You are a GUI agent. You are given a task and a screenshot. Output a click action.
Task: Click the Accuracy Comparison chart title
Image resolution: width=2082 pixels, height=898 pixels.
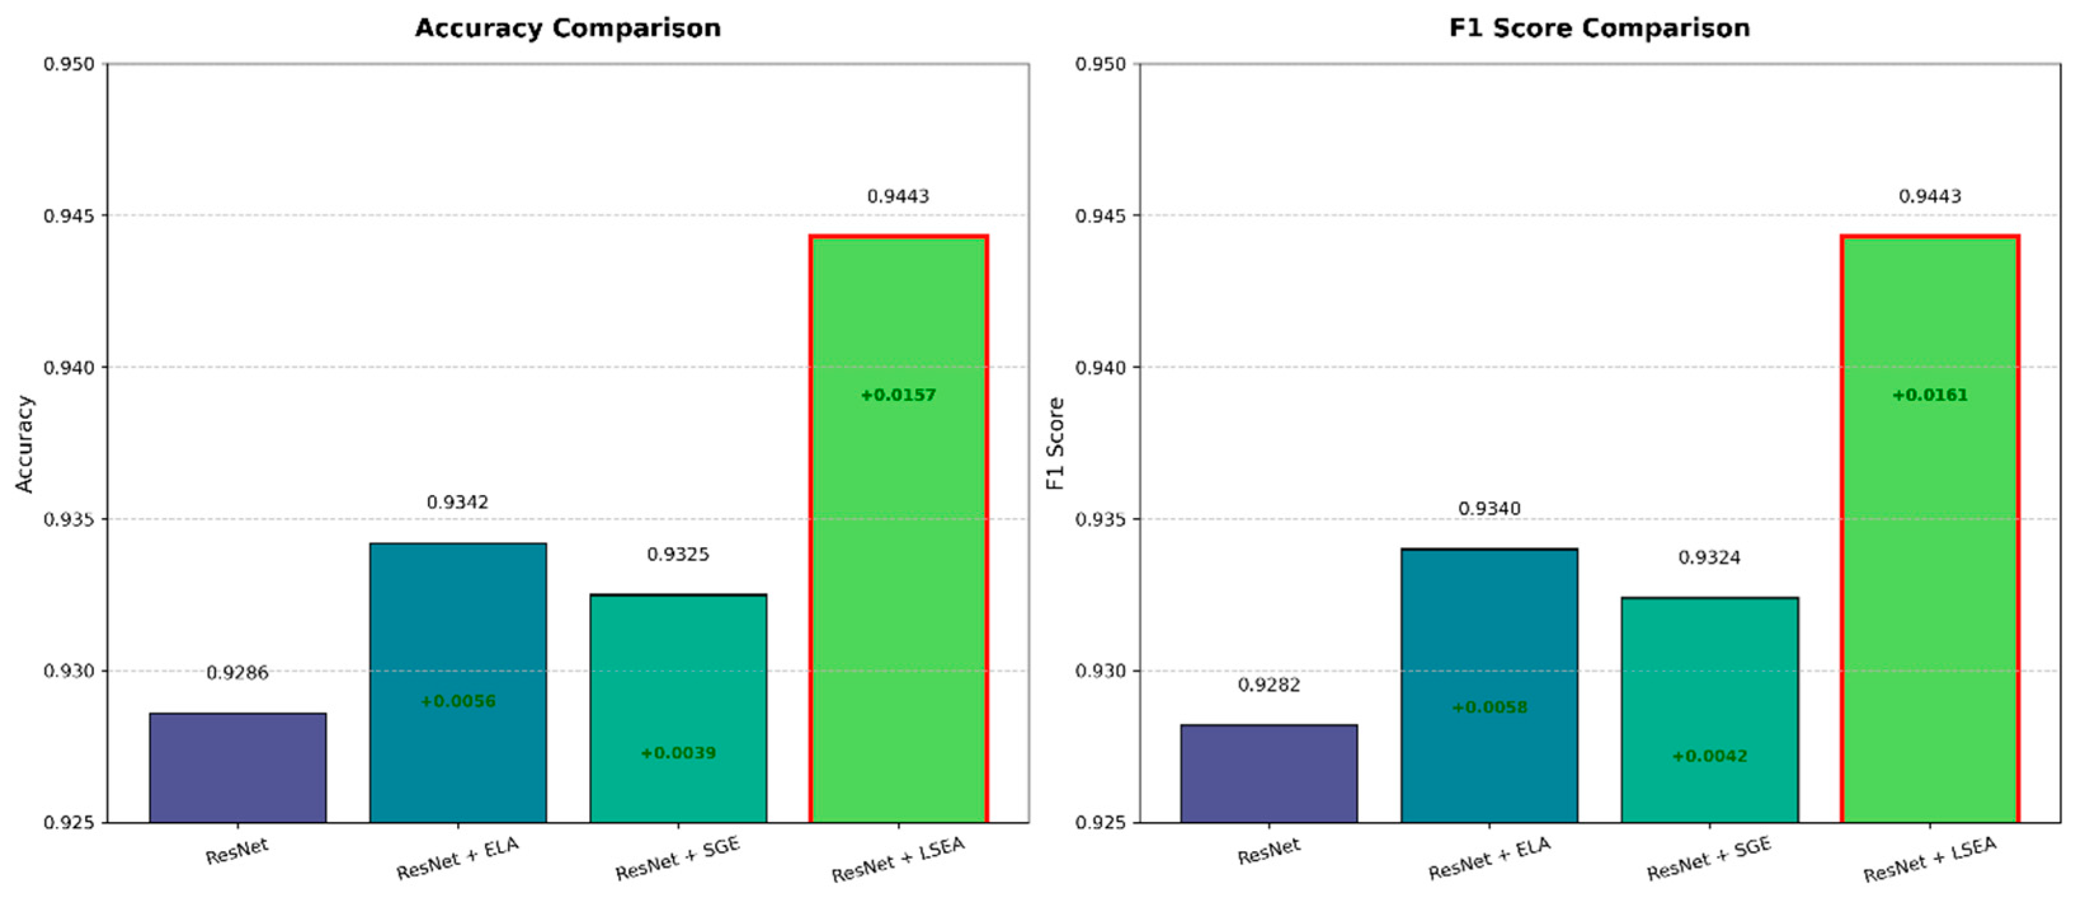pyautogui.click(x=567, y=29)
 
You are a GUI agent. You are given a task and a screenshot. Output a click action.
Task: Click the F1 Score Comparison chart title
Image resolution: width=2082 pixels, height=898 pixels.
pyautogui.click(x=1600, y=29)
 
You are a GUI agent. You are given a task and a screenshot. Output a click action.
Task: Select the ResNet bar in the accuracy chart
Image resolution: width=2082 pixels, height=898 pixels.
pyautogui.click(x=237, y=767)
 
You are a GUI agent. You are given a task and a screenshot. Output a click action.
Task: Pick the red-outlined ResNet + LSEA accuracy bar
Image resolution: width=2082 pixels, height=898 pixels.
pyautogui.click(x=899, y=529)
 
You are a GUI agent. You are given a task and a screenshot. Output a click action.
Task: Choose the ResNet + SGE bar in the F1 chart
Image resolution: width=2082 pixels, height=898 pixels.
pyautogui.click(x=1709, y=710)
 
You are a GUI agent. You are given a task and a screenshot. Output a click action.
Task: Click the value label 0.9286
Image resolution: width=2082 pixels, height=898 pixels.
pyautogui.click(x=237, y=673)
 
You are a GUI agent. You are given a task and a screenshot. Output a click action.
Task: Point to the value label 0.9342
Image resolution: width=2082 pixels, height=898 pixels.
pyautogui.click(x=458, y=503)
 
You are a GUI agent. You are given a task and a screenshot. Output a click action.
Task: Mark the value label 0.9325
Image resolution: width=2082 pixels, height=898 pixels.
pyautogui.click(x=678, y=555)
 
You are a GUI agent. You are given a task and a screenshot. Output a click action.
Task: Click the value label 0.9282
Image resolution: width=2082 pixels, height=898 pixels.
pyautogui.click(x=1269, y=685)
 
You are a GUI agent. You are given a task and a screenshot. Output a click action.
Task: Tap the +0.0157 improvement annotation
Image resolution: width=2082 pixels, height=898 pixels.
pyautogui.click(x=898, y=395)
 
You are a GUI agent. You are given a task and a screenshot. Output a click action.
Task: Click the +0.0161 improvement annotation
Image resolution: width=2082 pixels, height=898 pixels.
pyautogui.click(x=1930, y=395)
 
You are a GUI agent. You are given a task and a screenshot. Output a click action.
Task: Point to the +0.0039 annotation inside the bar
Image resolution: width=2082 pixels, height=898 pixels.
pyautogui.click(x=678, y=753)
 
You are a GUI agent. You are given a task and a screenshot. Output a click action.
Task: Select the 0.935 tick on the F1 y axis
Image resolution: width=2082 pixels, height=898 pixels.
pyautogui.click(x=1101, y=520)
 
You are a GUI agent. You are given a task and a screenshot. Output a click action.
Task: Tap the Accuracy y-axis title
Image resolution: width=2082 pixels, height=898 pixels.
pyautogui.click(x=25, y=444)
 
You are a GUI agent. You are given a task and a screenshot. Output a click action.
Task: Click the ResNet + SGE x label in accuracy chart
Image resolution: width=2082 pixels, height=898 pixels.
pyautogui.click(x=677, y=859)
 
